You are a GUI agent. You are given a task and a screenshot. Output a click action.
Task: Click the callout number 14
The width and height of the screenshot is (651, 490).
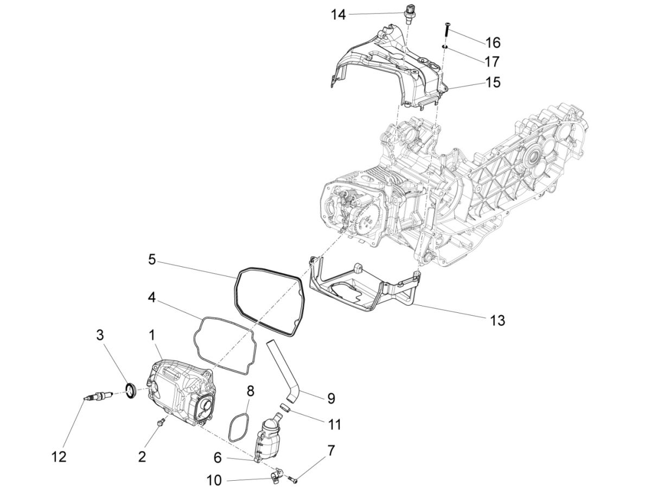pyautogui.click(x=339, y=15)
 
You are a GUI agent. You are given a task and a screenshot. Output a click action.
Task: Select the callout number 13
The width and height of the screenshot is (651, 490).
pyautogui.click(x=497, y=321)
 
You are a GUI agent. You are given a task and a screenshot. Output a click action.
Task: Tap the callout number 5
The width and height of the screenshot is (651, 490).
pyautogui.click(x=152, y=260)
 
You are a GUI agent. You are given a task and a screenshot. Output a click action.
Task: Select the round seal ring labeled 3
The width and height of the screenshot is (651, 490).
pyautogui.click(x=131, y=390)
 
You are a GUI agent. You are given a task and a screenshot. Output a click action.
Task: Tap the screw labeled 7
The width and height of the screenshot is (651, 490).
pyautogui.click(x=293, y=479)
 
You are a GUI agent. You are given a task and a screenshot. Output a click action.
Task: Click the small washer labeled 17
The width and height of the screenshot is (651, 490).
pyautogui.click(x=444, y=48)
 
